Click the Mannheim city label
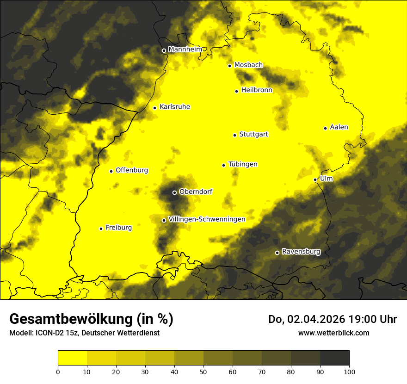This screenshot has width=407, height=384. [x=185, y=50]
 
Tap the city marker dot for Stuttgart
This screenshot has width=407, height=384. [x=235, y=135]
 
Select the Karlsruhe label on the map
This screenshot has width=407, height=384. [x=174, y=107]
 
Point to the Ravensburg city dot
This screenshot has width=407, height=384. [x=277, y=253]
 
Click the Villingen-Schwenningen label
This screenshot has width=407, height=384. [x=207, y=219]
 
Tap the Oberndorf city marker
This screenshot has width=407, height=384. [x=174, y=192]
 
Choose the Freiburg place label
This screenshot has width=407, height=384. [x=118, y=228]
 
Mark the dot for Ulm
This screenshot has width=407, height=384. [x=315, y=180]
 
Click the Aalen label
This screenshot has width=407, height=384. [x=339, y=127]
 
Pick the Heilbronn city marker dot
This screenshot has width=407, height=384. [x=236, y=91]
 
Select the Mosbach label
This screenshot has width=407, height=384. [x=248, y=65]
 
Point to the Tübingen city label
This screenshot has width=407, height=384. [x=243, y=164]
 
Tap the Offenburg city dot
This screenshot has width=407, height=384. [x=111, y=171]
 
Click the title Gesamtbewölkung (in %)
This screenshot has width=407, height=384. [x=91, y=319]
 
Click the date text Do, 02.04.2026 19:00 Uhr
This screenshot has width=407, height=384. [x=332, y=319]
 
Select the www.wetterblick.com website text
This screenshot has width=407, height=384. [x=333, y=333]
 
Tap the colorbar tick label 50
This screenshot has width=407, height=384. [x=203, y=371]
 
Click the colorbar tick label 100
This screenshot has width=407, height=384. [x=349, y=371]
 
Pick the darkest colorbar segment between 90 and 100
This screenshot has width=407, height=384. [x=334, y=358]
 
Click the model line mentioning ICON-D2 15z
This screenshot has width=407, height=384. [x=84, y=333]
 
